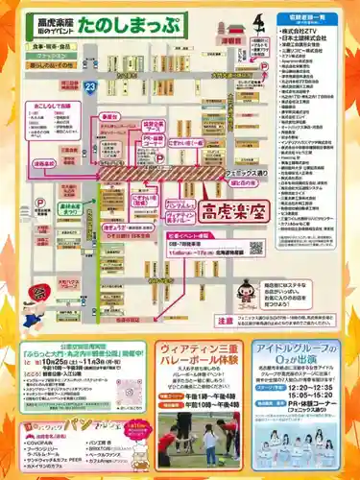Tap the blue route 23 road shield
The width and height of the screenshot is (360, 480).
point(88,86)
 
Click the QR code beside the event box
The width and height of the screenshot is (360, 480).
point(256,247)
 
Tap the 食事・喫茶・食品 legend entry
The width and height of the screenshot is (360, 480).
point(57,44)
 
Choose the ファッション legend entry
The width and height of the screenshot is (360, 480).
point(57,56)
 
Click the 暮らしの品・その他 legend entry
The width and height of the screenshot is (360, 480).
point(57,66)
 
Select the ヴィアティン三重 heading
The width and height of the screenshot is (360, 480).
point(200,348)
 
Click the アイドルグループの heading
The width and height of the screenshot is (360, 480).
point(297,348)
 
